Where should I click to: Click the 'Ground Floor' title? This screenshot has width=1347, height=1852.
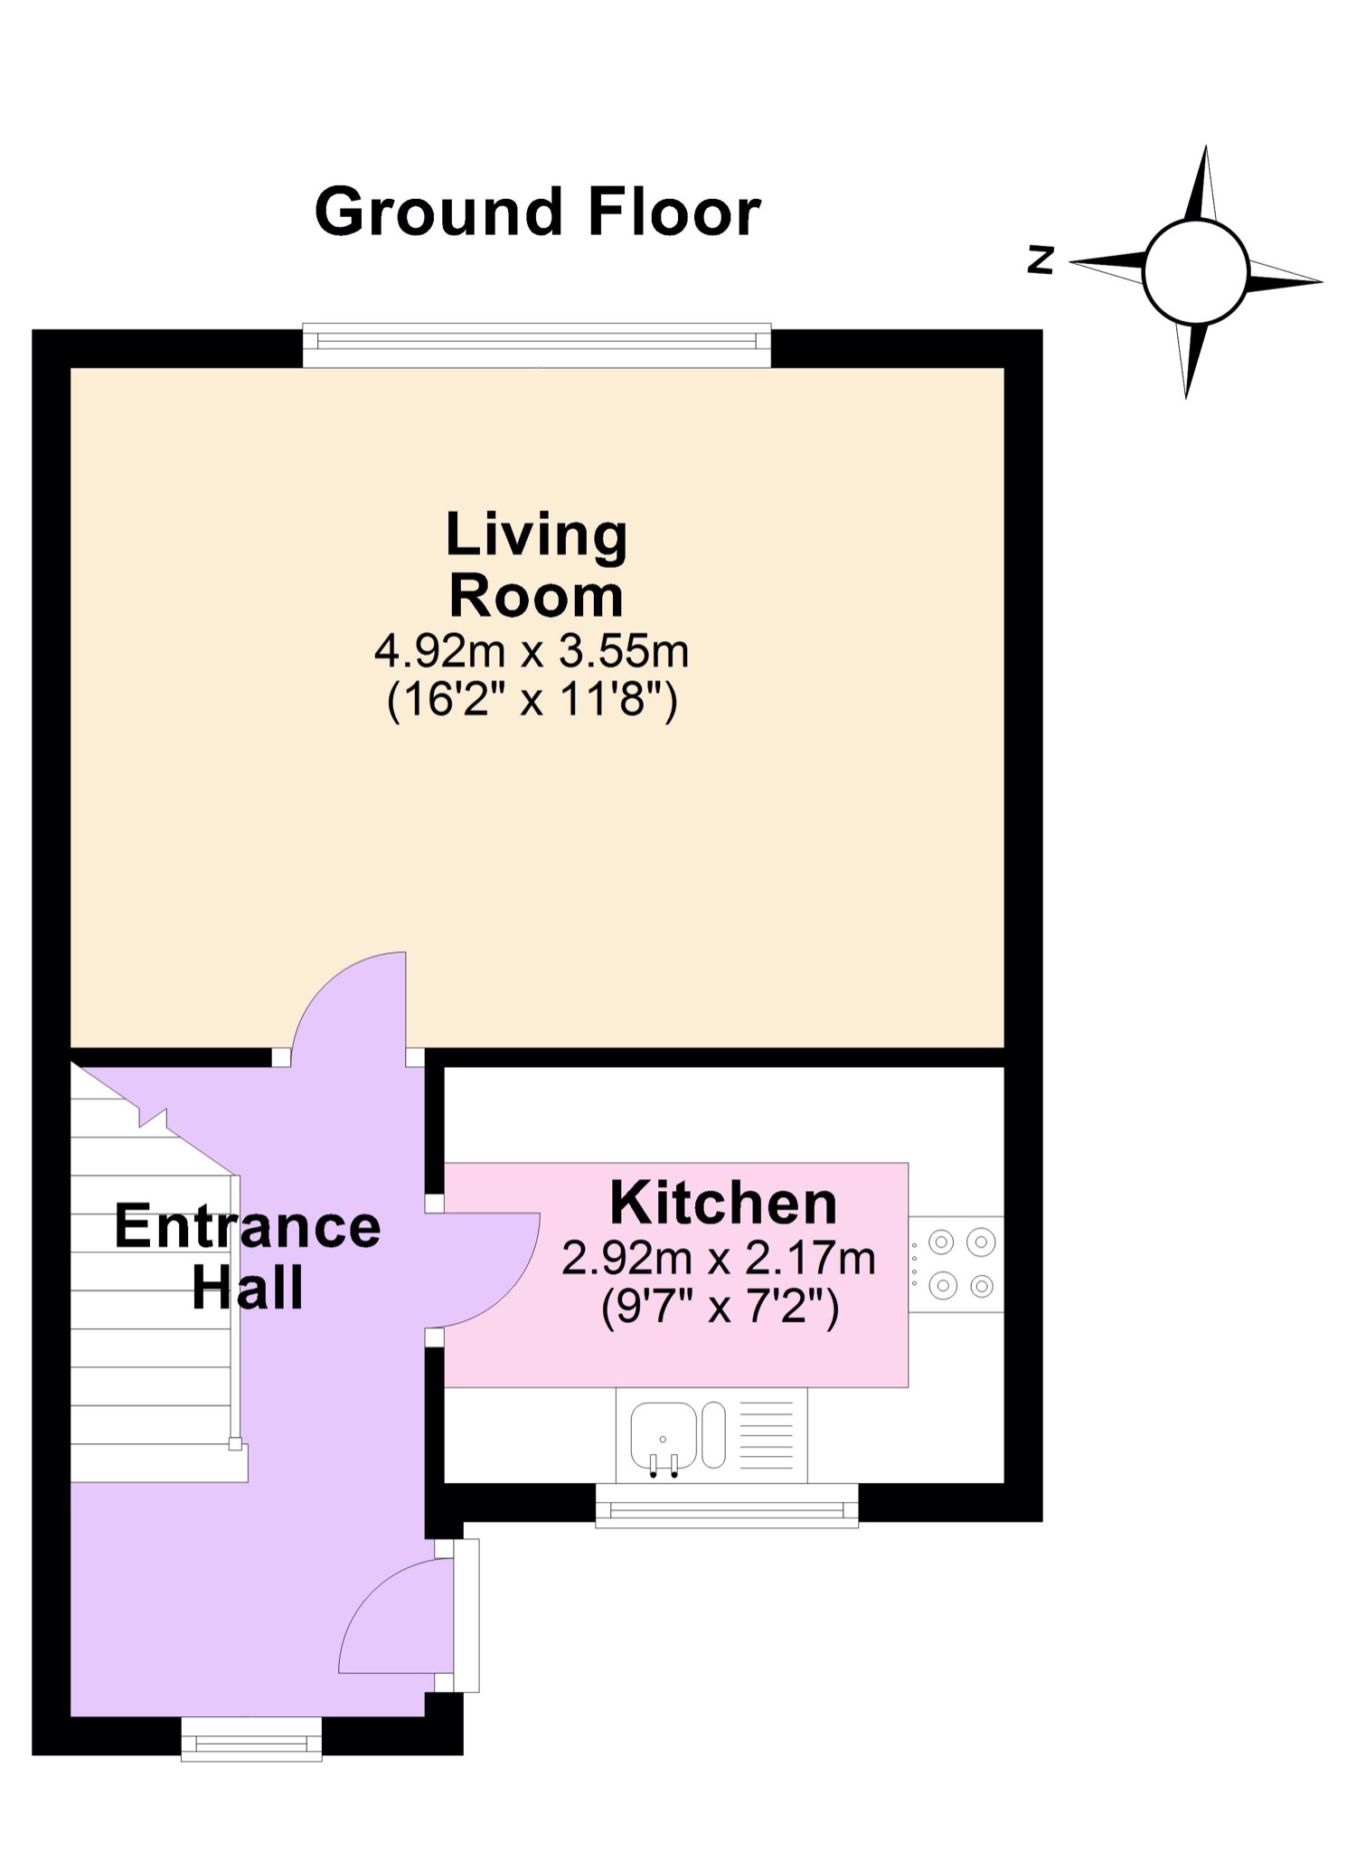coord(537,212)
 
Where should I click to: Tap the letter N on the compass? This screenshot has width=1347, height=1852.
coord(1041,260)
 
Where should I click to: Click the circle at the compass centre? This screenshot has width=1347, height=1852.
coord(1195,271)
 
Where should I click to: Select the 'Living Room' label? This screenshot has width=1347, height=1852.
coord(536,564)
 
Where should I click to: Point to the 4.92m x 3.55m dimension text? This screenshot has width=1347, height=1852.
coord(532,650)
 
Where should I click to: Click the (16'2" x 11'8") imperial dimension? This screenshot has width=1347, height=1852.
coord(532,700)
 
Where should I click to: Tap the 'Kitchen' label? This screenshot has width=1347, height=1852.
coord(723,1203)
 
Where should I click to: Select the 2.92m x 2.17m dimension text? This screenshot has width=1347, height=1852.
coord(719,1258)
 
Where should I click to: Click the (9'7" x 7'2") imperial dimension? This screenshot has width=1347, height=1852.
coord(720,1307)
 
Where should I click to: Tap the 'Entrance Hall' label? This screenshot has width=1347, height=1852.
coord(247,1257)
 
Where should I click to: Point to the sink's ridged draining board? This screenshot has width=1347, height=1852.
coord(767,1436)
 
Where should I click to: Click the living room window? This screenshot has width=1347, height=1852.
coord(536,345)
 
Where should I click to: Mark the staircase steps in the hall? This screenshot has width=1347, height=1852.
coord(149,1311)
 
